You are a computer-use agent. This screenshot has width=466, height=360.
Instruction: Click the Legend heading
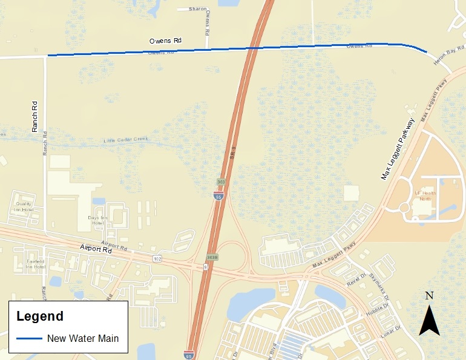coord(39,316)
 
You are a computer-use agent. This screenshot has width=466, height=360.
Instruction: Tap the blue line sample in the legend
coord(28,338)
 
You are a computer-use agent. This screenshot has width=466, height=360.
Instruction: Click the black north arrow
coord(429,320)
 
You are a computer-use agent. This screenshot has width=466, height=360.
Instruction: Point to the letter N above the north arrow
coord(429,296)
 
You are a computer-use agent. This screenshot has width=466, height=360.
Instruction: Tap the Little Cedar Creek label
coord(126,140)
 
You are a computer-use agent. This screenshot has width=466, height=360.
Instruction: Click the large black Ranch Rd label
coord(35,116)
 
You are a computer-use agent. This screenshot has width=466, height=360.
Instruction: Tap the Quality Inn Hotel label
coord(23,206)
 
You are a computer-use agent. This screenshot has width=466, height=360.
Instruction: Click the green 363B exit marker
coord(212,257)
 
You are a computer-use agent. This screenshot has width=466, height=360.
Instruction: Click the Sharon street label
coord(197,9)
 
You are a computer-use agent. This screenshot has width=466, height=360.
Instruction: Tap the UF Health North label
coord(425,197)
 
